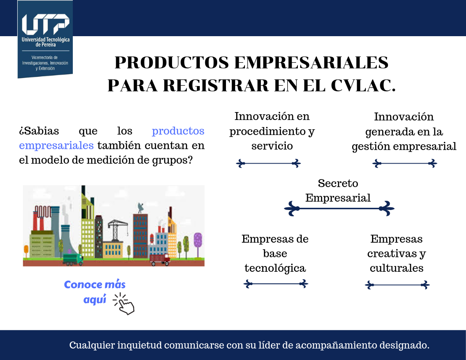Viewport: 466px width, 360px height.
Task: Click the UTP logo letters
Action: pos(45,24)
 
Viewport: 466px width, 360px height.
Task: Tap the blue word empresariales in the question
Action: pos(56,145)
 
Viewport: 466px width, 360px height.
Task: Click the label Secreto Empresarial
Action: pos(338,191)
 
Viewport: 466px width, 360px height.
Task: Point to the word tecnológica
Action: pos(275,268)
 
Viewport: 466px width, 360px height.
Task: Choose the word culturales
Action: pos(396,268)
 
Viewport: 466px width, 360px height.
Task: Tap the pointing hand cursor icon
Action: pos(125,304)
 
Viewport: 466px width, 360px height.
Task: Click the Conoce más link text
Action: pos(95,285)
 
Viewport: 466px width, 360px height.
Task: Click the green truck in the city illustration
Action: pos(73,259)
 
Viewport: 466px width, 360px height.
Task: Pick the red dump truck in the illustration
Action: pos(160,260)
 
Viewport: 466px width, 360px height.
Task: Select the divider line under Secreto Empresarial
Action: pos(339,209)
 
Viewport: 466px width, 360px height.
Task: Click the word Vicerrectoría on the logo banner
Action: pos(45,58)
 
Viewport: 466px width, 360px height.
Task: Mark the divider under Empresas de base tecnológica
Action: pos(276,284)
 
